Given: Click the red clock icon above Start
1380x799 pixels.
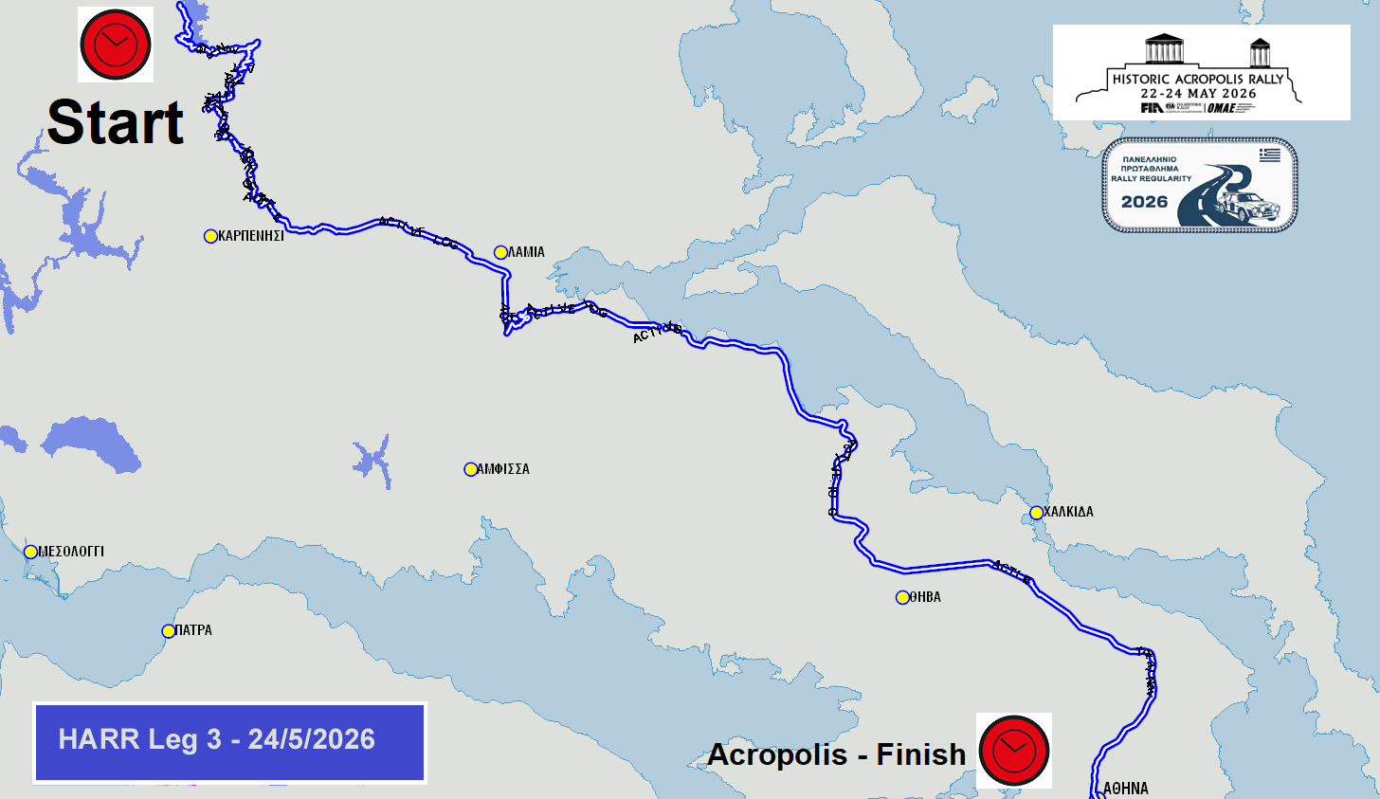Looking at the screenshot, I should coord(116,45).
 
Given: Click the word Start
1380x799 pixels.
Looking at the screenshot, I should coord(116,123).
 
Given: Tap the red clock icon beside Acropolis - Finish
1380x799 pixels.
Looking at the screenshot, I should coord(1013,750).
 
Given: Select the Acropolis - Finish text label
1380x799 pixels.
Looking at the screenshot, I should coord(836,754).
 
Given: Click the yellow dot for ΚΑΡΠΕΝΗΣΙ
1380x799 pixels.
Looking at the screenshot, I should coord(210,236).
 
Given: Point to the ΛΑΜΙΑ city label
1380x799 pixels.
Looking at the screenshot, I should coord(526,252).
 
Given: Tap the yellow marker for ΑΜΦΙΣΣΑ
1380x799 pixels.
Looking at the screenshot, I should coord(470,469).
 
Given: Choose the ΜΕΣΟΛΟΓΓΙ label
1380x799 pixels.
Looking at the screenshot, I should coord(71,552).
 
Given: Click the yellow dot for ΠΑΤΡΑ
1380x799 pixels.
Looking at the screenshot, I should coord(168,631).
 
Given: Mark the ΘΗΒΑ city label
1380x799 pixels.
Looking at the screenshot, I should coord(925,597).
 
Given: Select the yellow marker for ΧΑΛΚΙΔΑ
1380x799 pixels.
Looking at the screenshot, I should coord(1036,513).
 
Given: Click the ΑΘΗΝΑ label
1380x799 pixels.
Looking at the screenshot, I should coord(1126,789).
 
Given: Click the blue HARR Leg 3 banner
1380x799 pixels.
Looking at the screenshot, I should coord(229,743).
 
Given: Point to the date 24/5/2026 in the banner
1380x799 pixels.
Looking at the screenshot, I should coord(312,739).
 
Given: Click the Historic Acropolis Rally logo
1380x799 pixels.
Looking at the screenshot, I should coord(1201,73).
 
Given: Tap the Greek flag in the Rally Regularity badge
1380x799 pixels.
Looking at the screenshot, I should coord(1269,154).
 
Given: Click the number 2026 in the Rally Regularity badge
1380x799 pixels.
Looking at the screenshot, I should coord(1144,202).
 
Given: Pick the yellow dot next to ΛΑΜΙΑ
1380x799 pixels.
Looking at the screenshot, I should coord(500,252).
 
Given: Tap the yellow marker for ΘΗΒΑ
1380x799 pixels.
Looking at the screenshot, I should coord(902,597).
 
